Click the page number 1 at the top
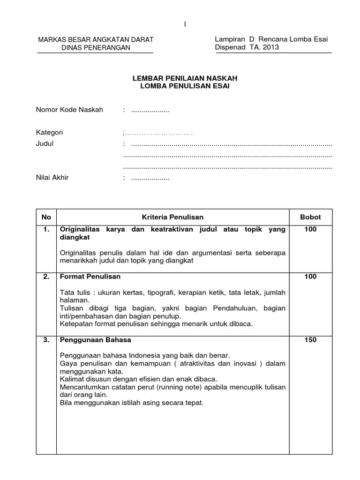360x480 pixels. pyautogui.click(x=185, y=24)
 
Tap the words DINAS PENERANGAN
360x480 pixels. pyautogui.click(x=95, y=48)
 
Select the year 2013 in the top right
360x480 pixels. pyautogui.click(x=271, y=48)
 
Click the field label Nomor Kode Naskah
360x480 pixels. pyautogui.click(x=69, y=110)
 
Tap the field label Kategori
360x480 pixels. pyautogui.click(x=50, y=133)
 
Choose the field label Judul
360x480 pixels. pyautogui.click(x=45, y=144)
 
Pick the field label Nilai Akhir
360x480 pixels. pyautogui.click(x=52, y=178)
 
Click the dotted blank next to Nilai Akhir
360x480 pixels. pyautogui.click(x=150, y=178)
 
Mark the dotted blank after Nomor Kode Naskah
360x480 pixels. pyautogui.click(x=150, y=111)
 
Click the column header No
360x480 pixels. pyautogui.click(x=46, y=217)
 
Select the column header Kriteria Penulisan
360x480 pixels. pyautogui.click(x=173, y=217)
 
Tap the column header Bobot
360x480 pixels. pyautogui.click(x=310, y=217)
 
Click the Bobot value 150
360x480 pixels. pyautogui.click(x=310, y=340)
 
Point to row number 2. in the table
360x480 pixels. pyautogui.click(x=46, y=277)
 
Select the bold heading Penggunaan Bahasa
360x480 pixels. pyautogui.click(x=94, y=340)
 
